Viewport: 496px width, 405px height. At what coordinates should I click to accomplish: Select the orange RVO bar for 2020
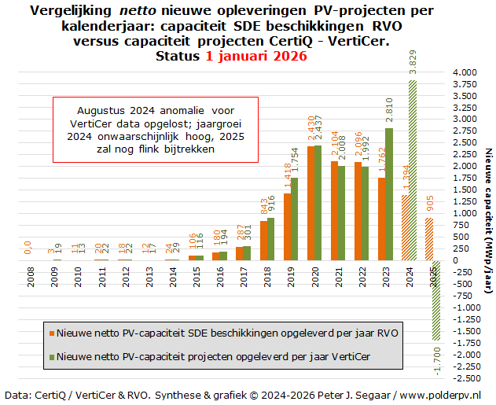311,203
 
